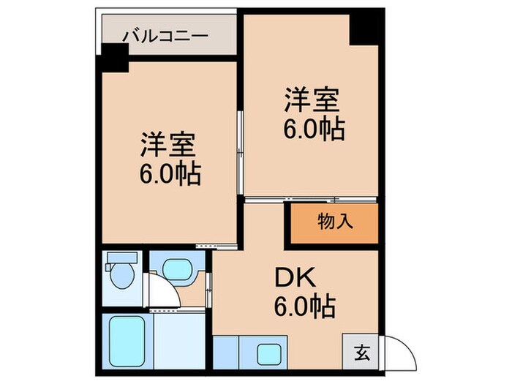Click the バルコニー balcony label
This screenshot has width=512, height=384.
(x=165, y=35)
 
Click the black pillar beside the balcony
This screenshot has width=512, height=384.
(x=114, y=57)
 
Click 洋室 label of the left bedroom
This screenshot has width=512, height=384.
(x=168, y=146)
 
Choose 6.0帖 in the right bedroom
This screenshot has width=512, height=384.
(x=315, y=129)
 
